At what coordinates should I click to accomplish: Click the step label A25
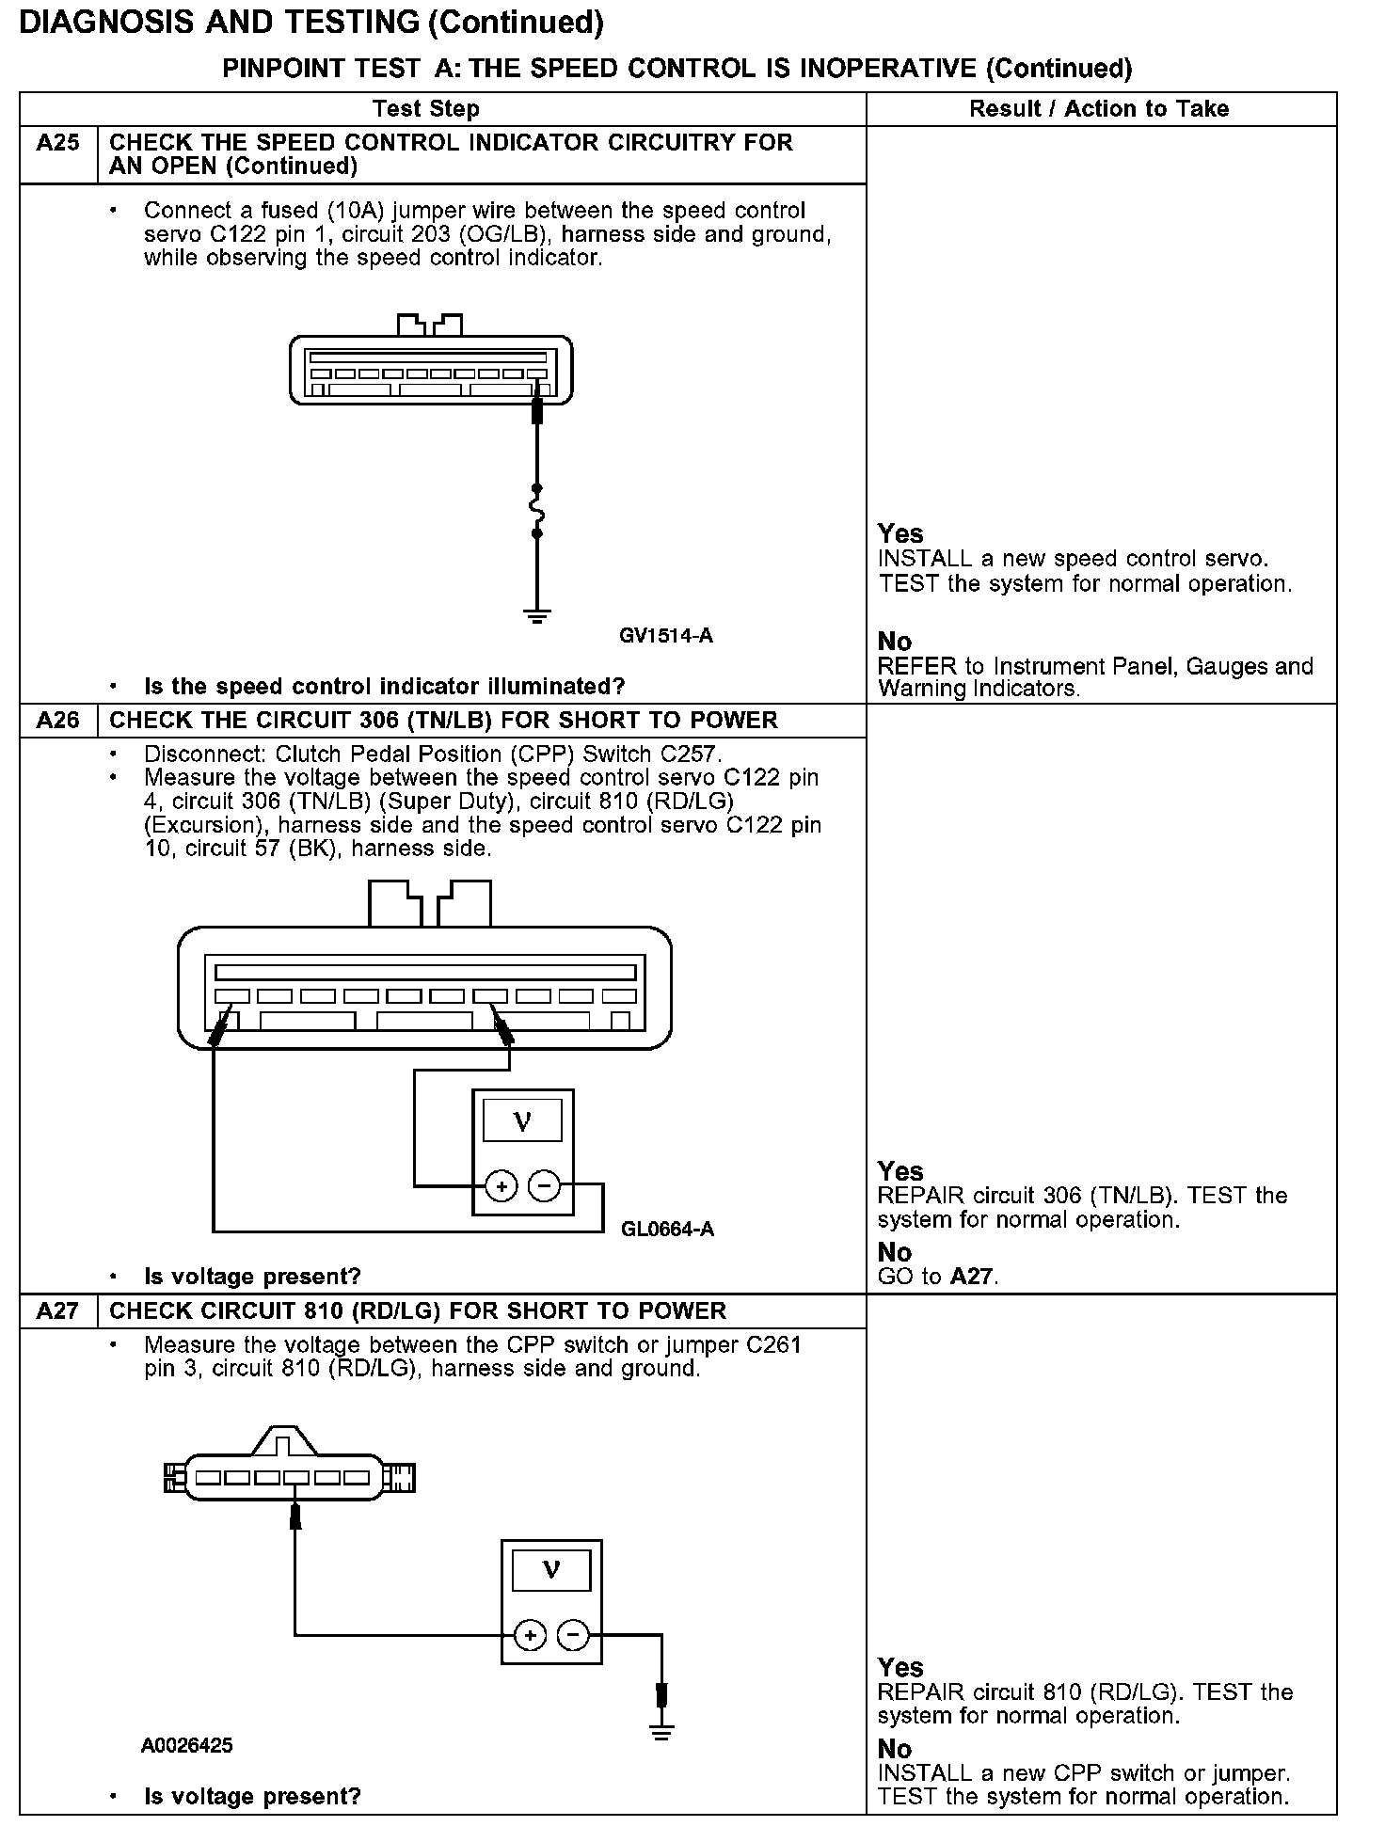point(57,143)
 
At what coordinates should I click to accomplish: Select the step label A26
point(57,721)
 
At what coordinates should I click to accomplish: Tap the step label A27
point(57,1311)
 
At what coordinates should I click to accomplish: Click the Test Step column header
point(425,109)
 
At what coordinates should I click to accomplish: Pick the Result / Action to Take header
point(1099,109)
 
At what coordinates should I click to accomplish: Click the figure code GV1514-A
point(665,636)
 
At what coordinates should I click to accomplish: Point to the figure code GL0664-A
point(667,1230)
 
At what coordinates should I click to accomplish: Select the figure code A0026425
point(186,1746)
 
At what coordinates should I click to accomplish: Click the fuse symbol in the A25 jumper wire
point(537,511)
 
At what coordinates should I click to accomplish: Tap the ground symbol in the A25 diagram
point(537,616)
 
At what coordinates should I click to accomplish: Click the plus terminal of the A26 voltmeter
point(501,1186)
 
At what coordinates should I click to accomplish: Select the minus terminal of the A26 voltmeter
point(544,1186)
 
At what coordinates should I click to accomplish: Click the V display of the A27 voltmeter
point(551,1569)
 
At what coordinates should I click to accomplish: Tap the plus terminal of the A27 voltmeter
point(531,1636)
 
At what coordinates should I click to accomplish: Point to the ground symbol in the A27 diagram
point(662,1733)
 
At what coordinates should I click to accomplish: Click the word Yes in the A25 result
point(900,534)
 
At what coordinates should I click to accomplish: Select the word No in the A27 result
point(895,1749)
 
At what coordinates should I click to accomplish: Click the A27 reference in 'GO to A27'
point(973,1277)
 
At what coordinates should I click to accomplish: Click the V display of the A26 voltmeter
point(522,1120)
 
